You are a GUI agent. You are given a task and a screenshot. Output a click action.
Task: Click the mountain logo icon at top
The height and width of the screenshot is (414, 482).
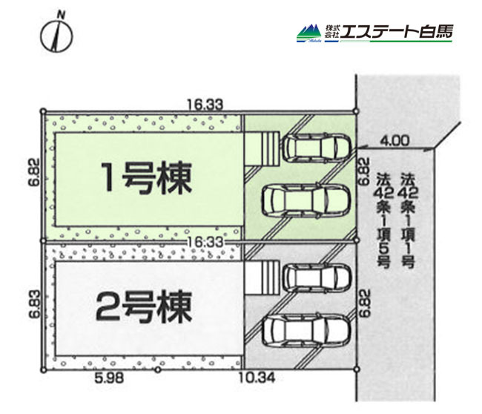[x=309, y=33]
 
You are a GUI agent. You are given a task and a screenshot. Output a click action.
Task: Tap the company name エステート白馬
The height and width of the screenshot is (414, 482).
[x=397, y=32]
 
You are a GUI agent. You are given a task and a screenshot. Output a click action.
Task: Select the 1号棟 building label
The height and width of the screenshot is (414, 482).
[x=147, y=178]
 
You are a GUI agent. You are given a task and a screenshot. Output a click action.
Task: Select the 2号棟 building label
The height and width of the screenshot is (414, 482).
[x=144, y=306]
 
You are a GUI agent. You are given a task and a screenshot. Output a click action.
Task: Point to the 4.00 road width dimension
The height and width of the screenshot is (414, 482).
[x=394, y=141]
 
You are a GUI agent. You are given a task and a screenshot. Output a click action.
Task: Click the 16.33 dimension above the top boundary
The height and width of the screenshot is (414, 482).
[x=205, y=105]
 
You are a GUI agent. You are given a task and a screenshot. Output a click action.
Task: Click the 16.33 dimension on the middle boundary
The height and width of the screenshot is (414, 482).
[x=205, y=242]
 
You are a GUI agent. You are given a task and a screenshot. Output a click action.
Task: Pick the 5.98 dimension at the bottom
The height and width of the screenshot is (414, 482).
[x=110, y=378]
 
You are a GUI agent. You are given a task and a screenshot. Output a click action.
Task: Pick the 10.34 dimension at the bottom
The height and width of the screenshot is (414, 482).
[x=257, y=378]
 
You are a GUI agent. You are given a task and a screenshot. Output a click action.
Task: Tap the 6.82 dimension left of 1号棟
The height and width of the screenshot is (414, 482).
[x=35, y=172]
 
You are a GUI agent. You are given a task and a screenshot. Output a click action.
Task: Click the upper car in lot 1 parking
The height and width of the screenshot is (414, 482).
[x=317, y=147]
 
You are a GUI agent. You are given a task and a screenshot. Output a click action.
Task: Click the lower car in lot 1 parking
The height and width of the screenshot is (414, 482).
[x=306, y=200]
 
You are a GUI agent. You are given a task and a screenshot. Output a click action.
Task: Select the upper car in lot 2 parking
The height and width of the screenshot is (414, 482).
[x=317, y=277]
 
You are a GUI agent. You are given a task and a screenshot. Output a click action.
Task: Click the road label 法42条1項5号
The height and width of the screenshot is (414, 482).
[x=384, y=220]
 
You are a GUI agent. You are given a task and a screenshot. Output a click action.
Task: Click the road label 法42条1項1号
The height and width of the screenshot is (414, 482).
[x=408, y=220]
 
